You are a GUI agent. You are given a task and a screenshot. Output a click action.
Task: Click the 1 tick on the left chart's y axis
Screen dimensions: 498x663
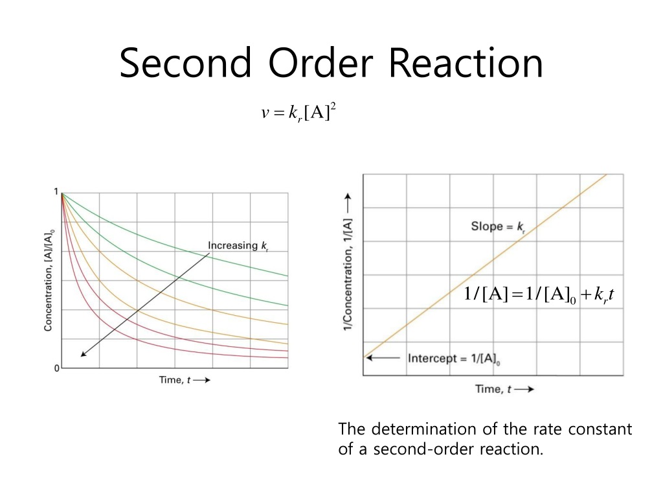pyautogui.click(x=56, y=192)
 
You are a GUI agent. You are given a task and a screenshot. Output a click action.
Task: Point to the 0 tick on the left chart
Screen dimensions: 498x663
pyautogui.click(x=56, y=368)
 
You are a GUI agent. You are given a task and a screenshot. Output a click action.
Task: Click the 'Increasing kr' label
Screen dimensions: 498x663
pyautogui.click(x=237, y=245)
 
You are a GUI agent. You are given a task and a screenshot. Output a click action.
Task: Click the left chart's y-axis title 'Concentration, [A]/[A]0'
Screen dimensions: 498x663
pyautogui.click(x=49, y=279)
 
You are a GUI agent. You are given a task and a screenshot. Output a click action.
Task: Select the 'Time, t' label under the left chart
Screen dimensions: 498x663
pyautogui.click(x=175, y=380)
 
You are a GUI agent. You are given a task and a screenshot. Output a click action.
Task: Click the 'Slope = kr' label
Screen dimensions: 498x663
pyautogui.click(x=497, y=227)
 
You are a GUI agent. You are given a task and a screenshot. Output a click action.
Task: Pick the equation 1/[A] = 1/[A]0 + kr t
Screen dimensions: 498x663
pyautogui.click(x=539, y=296)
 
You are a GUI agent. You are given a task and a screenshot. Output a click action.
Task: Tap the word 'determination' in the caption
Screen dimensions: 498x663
pyautogui.click(x=417, y=429)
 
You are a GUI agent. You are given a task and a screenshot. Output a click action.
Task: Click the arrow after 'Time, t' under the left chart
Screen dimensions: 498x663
pyautogui.click(x=202, y=380)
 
